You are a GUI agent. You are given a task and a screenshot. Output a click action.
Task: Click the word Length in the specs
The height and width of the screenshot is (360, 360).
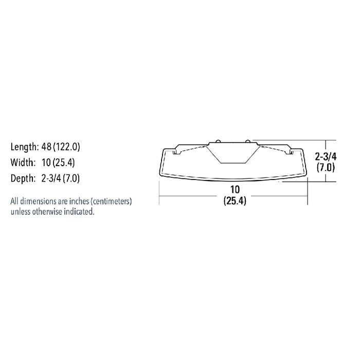point(24,147)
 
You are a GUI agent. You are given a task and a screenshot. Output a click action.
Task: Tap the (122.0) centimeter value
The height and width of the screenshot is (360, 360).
point(66,147)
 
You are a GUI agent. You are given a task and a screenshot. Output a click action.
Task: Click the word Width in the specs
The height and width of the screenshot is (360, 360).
point(22,163)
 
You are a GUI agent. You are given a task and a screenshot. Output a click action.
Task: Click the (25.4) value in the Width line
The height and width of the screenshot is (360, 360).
point(66,163)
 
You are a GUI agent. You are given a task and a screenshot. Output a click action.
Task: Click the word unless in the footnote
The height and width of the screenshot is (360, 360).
point(21,211)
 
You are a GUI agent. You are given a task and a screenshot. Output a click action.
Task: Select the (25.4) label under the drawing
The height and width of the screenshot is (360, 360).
point(235,202)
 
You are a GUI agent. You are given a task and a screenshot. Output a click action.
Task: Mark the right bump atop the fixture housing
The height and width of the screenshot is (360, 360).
point(248,140)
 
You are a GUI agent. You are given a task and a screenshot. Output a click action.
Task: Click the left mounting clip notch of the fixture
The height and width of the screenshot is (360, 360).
point(177,151)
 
